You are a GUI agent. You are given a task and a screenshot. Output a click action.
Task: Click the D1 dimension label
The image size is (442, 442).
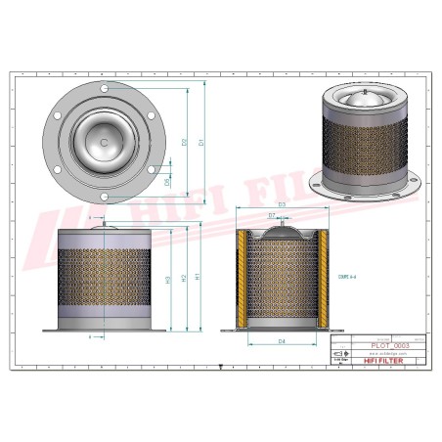point(200,143)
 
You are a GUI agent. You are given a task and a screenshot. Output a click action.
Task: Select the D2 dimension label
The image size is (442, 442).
point(185,143)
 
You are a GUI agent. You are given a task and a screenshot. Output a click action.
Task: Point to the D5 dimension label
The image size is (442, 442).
point(167,182)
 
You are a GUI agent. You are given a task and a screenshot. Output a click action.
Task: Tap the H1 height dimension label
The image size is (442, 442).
point(199,277)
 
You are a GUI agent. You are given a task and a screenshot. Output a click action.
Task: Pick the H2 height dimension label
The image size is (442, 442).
point(184,279)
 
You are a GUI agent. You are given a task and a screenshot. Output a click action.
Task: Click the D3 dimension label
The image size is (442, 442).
point(281,204)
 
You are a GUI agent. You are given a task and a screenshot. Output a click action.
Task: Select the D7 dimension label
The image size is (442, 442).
point(272,215)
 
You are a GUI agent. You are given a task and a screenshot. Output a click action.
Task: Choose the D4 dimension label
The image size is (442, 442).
point(281,341)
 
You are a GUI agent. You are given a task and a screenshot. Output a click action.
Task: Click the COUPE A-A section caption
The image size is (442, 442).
point(345,278)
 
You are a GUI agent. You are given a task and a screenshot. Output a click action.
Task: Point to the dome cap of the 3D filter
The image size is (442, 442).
point(366,98)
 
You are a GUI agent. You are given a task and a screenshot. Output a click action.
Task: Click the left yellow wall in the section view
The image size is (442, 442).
point(241,279)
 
